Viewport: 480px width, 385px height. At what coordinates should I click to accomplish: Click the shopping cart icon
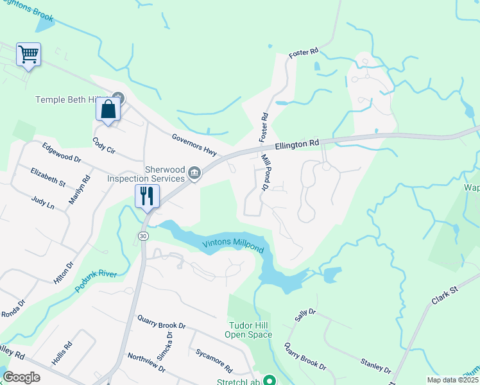(29, 54)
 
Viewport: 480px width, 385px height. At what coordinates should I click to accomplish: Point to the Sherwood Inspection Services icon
(195, 172)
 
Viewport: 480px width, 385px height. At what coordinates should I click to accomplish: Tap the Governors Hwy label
(195, 145)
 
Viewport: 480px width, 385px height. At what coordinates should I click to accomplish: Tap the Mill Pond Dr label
(265, 172)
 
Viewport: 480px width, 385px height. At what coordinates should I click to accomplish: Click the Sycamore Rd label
(214, 361)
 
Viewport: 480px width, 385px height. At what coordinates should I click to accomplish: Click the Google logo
(21, 377)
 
